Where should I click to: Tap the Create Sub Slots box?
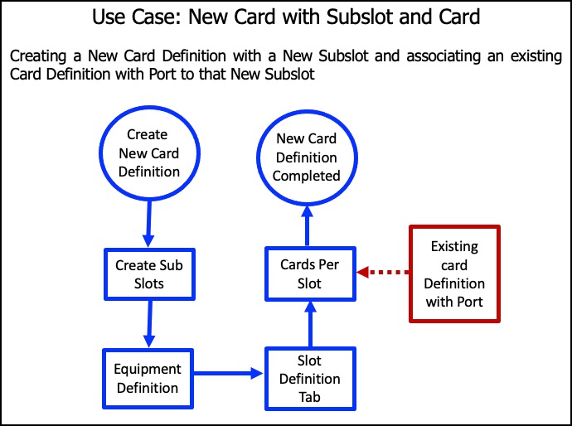[148, 274]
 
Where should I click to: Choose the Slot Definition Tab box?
[307, 379]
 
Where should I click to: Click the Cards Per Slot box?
[307, 274]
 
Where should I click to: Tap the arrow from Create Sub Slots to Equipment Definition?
[150, 324]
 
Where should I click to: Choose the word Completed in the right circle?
[307, 176]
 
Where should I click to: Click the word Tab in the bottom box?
[307, 396]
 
